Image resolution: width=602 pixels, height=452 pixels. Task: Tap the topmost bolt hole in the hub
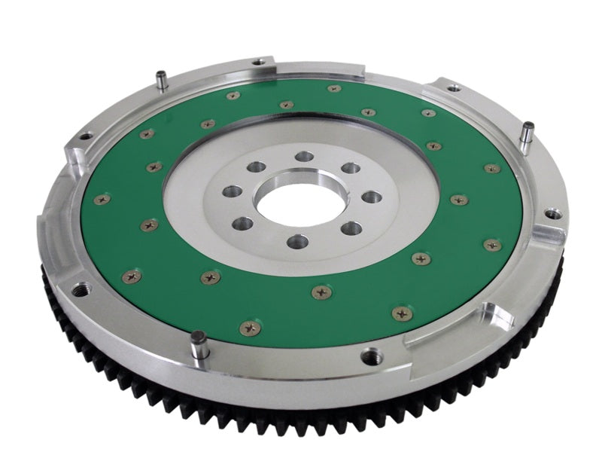point(304,156)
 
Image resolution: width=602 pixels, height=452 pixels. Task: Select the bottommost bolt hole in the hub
point(297,241)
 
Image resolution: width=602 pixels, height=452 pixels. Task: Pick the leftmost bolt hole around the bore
point(233,191)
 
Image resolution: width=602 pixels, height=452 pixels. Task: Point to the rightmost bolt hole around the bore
point(372,197)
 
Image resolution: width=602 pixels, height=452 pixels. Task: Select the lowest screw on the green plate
point(248,328)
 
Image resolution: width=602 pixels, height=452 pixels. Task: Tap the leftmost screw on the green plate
point(102,200)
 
